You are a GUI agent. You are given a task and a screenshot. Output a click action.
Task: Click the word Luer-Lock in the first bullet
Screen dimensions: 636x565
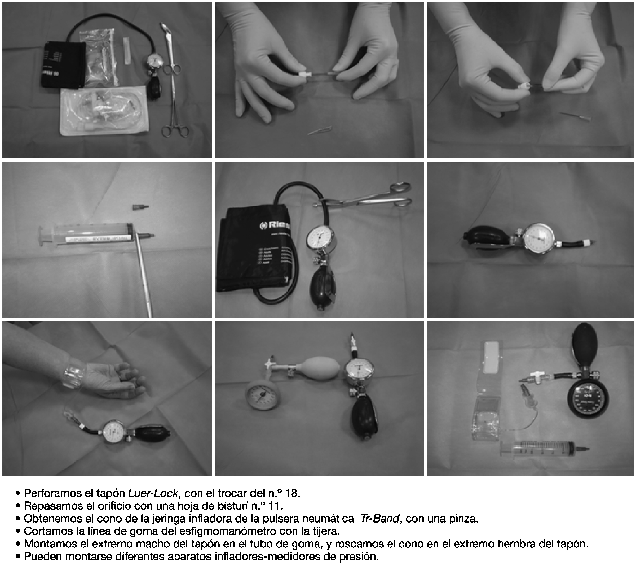tap(153, 493)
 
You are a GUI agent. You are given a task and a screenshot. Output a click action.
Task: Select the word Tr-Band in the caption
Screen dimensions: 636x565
tap(379, 519)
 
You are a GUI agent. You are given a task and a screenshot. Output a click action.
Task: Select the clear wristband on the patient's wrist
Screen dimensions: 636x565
tap(74, 375)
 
